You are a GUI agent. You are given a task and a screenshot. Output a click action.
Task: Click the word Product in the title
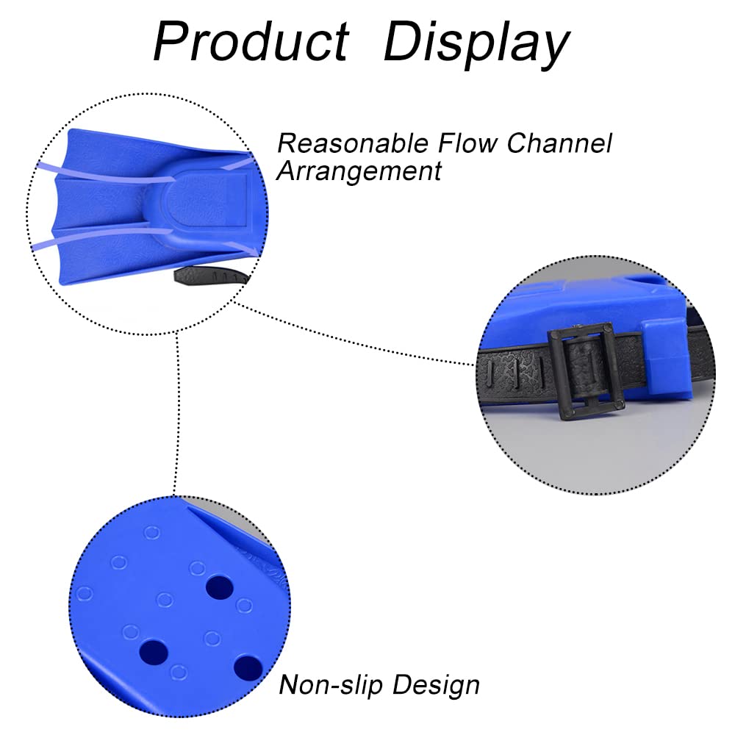point(251,41)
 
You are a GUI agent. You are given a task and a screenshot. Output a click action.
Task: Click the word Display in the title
point(477,45)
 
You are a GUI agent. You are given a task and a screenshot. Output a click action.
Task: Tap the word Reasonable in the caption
point(353,143)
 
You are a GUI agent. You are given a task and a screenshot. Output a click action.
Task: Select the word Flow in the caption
point(467,143)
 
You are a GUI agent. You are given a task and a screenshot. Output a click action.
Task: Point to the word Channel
point(559,143)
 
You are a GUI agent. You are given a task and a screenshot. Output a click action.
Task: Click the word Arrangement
point(359,171)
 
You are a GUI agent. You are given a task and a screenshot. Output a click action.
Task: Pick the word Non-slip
point(331,685)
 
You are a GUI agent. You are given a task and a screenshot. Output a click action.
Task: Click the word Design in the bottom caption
point(437,686)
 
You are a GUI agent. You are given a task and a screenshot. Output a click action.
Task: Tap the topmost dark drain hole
point(220,587)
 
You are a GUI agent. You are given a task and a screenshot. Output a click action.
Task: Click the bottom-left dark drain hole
point(154,652)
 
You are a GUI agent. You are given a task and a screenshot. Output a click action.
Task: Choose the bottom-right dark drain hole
point(248,667)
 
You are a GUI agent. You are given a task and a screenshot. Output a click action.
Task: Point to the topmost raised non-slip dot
point(152,533)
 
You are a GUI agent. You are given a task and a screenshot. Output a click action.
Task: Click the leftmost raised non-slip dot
point(85,593)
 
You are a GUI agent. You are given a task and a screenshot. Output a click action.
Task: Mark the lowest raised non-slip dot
point(178,673)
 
